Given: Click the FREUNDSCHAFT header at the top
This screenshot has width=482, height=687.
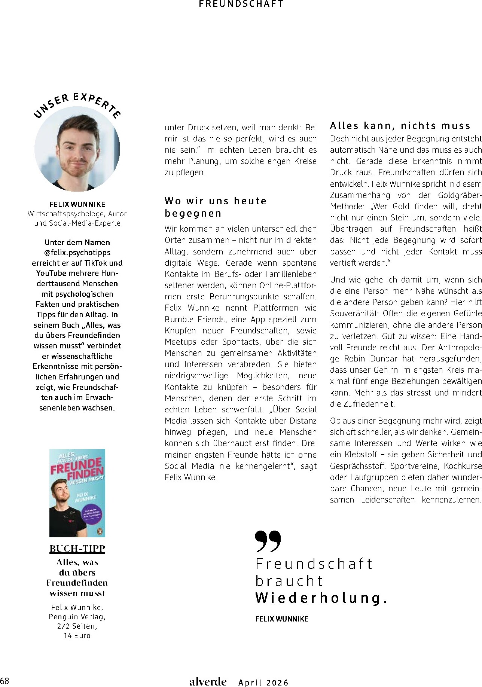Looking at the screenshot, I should (x=241, y=4).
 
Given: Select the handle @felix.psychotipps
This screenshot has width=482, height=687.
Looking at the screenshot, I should (x=77, y=253).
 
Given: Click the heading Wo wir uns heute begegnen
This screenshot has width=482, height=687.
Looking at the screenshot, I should (x=216, y=207).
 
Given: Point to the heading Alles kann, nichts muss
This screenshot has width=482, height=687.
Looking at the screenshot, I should (x=400, y=126).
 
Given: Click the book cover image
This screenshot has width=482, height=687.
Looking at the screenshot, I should (x=77, y=493).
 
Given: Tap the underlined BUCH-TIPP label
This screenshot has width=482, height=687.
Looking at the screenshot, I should (x=77, y=549).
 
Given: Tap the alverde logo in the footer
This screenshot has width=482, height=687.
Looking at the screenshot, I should (x=208, y=682).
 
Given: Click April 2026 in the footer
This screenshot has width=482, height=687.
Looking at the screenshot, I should (x=263, y=683).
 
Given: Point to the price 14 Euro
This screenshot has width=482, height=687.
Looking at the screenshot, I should (x=77, y=635).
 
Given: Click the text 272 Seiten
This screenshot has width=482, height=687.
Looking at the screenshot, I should (x=77, y=626).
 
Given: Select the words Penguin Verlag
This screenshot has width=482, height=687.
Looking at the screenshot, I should (x=77, y=616).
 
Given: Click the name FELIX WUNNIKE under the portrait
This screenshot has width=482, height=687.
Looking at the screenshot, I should (x=77, y=204).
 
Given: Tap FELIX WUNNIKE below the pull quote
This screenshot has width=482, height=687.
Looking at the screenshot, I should (x=282, y=619).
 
